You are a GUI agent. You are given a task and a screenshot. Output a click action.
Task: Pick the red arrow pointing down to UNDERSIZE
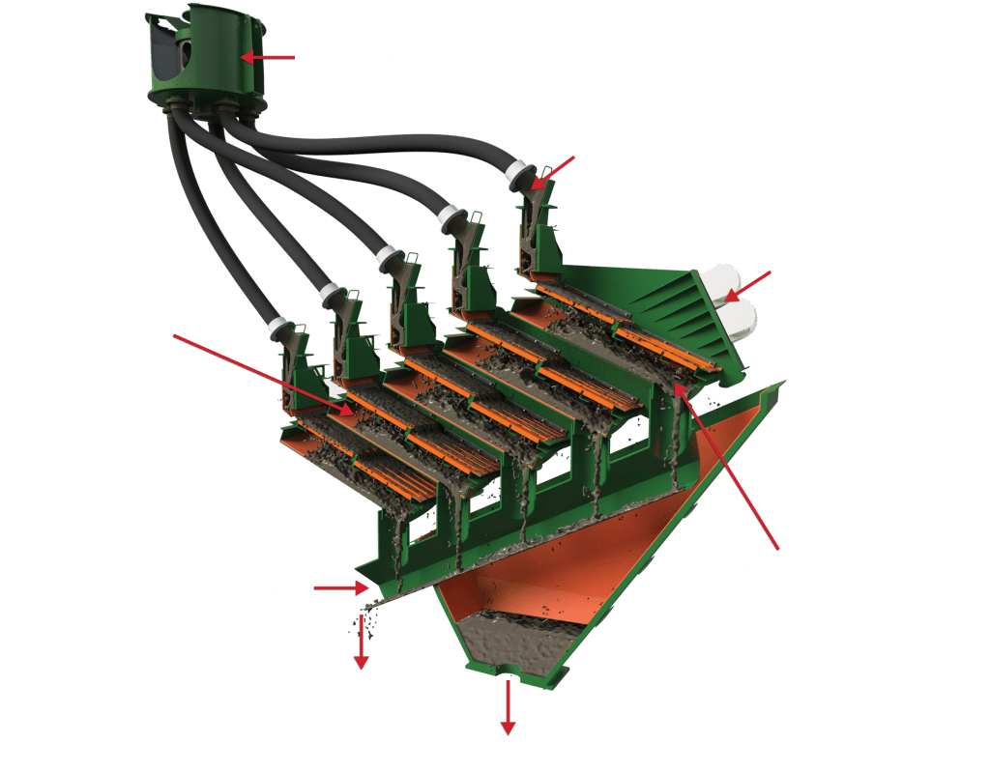click(x=362, y=642)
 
